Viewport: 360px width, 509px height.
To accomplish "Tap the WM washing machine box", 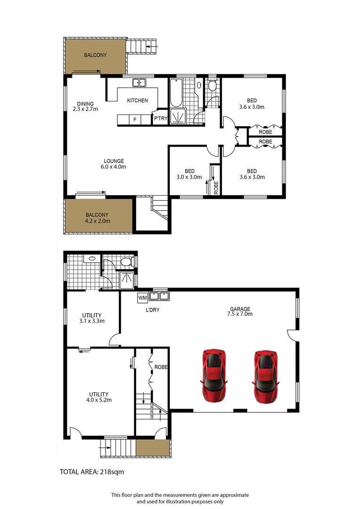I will pos(142,297).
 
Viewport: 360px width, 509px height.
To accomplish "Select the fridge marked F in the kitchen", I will pos(135,120).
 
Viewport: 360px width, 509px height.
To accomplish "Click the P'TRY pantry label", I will pos(160,120).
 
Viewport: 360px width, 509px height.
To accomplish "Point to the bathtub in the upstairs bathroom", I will pos(175,93).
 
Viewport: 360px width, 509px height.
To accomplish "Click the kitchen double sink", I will pos(139,83).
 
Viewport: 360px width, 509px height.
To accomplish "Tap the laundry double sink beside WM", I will pos(159,296).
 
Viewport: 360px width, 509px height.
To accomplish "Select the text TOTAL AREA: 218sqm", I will pos(92,471).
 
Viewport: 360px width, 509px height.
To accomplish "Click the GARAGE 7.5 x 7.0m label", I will pos(241,312).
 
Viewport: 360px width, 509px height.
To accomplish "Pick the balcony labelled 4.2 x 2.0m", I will pos(98,218).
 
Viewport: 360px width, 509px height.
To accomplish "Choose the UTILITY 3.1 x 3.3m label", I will pos(92,318).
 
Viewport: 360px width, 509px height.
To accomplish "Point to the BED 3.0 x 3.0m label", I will pos(189,174).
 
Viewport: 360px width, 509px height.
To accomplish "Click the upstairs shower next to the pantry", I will pos(178,116).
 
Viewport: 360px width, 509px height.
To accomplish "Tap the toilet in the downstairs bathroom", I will pos(126,262).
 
